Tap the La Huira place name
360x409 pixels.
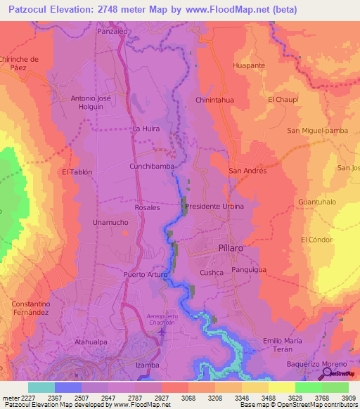(146, 129)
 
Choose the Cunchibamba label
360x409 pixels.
(152, 167)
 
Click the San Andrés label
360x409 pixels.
(247, 171)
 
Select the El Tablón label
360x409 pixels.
(77, 171)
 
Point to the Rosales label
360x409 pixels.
(148, 208)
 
